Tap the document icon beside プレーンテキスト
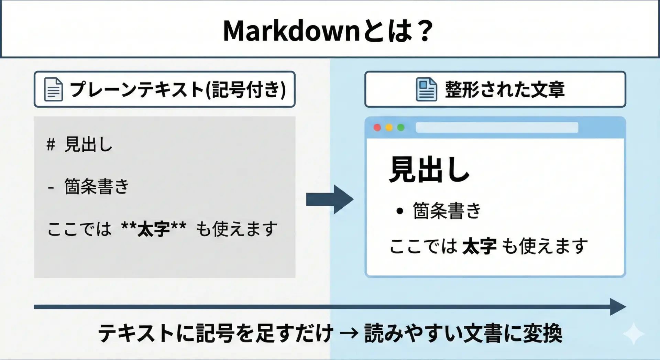pos(54,89)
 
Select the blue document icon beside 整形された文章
pos(426,89)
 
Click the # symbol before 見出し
pos(51,144)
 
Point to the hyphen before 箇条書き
pos(51,188)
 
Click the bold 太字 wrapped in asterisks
pos(154,229)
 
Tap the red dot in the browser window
pos(377,128)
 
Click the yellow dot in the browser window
pos(389,128)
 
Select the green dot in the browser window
pos(401,128)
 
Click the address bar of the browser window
pos(497,128)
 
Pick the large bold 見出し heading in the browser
pos(429,170)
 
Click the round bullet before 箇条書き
pos(399,211)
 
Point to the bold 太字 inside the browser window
pos(480,247)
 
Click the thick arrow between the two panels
pos(330,199)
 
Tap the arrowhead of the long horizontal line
pos(618,307)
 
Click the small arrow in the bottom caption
pos(349,333)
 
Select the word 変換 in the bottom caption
pos(543,333)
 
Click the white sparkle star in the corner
pos(634,334)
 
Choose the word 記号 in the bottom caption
pos(216,333)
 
